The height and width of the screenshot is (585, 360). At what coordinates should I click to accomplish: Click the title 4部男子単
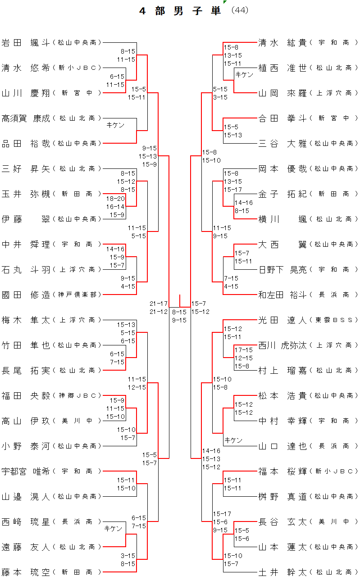(x=180, y=11)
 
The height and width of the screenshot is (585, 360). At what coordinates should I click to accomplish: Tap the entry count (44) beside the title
(x=239, y=10)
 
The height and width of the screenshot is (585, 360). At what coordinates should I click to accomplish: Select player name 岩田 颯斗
(x=25, y=43)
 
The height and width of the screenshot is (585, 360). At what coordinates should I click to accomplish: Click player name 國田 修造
(x=25, y=295)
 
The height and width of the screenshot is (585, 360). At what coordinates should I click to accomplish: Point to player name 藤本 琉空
(x=25, y=572)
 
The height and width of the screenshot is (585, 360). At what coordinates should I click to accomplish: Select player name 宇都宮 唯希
(x=25, y=471)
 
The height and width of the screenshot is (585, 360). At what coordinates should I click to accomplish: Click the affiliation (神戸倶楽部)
(x=77, y=295)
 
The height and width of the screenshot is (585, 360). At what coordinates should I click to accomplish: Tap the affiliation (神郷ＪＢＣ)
(x=77, y=396)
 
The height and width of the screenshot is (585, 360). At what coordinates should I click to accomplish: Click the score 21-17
(x=159, y=304)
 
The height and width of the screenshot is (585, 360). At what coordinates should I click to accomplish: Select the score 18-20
(x=115, y=198)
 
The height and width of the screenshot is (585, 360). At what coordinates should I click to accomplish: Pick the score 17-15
(x=243, y=350)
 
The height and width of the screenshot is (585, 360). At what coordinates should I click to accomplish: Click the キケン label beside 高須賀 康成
(x=115, y=125)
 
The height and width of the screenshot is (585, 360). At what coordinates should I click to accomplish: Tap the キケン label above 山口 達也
(x=233, y=440)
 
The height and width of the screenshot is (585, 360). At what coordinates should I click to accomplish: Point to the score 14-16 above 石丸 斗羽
(x=115, y=249)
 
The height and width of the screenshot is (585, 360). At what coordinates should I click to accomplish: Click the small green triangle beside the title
(x=224, y=2)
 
